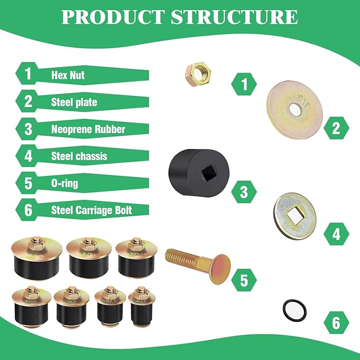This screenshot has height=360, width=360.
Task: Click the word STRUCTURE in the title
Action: (x=234, y=17)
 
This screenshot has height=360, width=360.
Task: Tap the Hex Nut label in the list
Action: (x=68, y=75)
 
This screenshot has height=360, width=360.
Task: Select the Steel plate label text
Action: (x=74, y=102)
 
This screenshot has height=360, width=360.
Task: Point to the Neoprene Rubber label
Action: (x=88, y=129)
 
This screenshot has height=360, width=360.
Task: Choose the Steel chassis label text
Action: (x=79, y=156)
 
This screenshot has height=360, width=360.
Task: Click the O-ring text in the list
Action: (x=65, y=183)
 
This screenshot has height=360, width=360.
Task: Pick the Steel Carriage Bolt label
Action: (x=91, y=210)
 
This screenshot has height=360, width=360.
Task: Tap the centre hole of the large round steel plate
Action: (x=295, y=110)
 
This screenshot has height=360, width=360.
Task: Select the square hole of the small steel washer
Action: (x=295, y=216)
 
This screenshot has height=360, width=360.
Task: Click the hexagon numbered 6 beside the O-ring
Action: (x=336, y=323)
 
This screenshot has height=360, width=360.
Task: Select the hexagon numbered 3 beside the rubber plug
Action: (x=244, y=191)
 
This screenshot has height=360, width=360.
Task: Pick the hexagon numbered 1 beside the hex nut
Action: (x=244, y=84)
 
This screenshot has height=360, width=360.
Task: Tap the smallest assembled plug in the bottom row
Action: (x=142, y=305)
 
